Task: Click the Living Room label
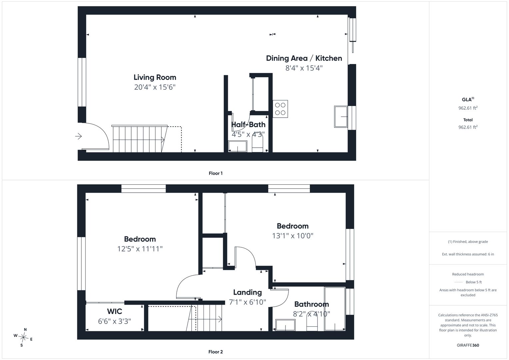point(155,77)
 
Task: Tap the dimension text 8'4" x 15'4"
point(304,68)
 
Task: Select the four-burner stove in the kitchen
point(280,109)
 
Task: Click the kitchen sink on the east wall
point(341,116)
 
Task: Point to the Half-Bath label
point(248,125)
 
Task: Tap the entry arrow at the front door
point(78,136)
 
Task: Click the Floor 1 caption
point(216,173)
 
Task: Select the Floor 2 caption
point(216,352)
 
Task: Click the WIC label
point(115,311)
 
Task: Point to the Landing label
point(248,292)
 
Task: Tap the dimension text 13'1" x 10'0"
point(293,236)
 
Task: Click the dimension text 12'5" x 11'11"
point(140,249)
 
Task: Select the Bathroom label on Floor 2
point(311,304)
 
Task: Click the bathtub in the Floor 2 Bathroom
point(335,309)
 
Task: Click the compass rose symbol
point(23,337)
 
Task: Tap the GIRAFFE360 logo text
point(468,345)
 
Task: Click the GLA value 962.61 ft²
point(468,108)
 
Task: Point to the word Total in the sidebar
point(468,120)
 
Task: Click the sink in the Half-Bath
point(238,146)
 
